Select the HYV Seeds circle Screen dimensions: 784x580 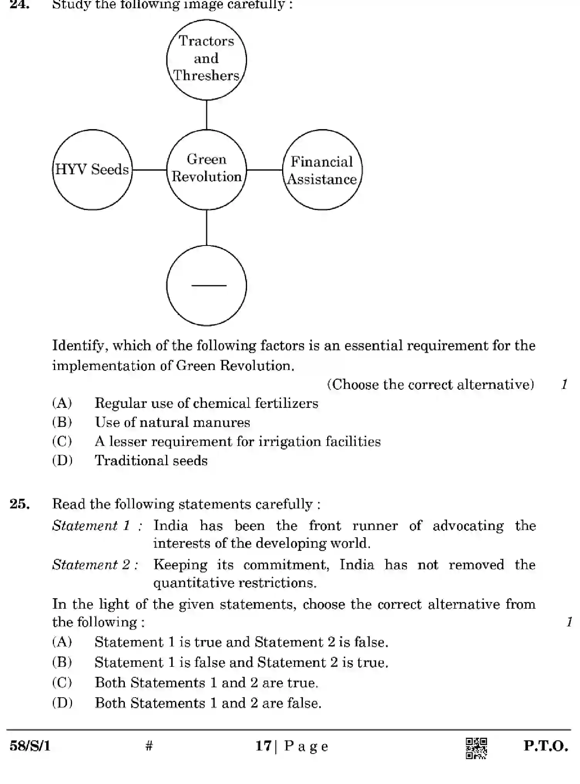[x=92, y=170]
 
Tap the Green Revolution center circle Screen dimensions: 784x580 [x=206, y=169]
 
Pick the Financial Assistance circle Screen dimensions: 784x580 [x=322, y=170]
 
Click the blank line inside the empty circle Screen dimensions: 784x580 [x=208, y=286]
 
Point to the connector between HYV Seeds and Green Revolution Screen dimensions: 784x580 [x=149, y=170]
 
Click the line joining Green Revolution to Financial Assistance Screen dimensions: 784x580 [x=264, y=170]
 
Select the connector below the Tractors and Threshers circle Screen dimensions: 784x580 [x=207, y=114]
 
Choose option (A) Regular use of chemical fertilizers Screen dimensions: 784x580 [x=206, y=403]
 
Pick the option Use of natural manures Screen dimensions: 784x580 [x=172, y=422]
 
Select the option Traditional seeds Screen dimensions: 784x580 [x=151, y=461]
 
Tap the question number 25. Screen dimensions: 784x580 [x=20, y=504]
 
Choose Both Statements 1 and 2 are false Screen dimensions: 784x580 [x=208, y=703]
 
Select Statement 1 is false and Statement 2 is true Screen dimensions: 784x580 [x=241, y=663]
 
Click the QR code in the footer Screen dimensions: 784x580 [x=476, y=748]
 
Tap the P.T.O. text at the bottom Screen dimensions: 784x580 [x=545, y=746]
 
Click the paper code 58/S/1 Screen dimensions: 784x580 [x=30, y=746]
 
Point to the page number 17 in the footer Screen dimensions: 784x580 [x=264, y=746]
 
